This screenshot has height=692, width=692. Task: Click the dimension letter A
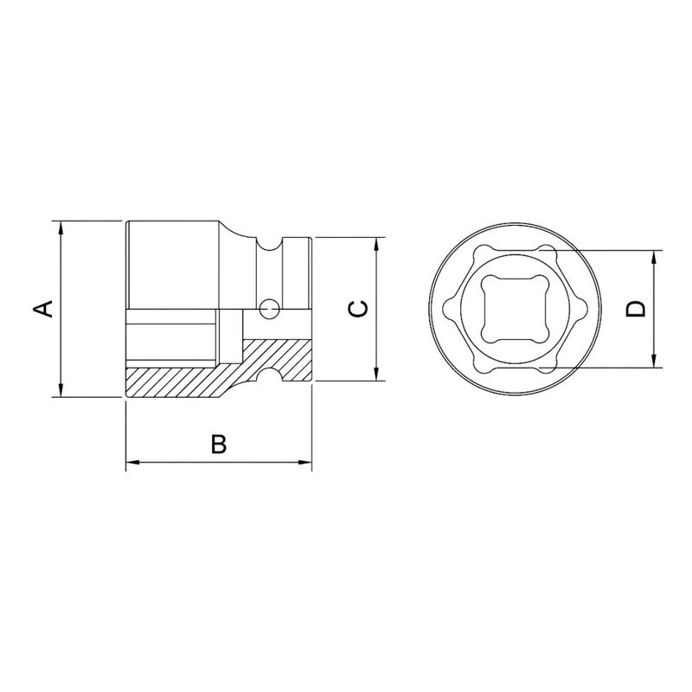point(44,309)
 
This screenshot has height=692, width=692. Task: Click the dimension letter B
point(219,445)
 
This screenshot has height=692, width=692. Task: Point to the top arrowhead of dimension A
point(61,227)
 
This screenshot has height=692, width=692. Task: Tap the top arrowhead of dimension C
point(377,243)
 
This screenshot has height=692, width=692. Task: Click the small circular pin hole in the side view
point(270,306)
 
